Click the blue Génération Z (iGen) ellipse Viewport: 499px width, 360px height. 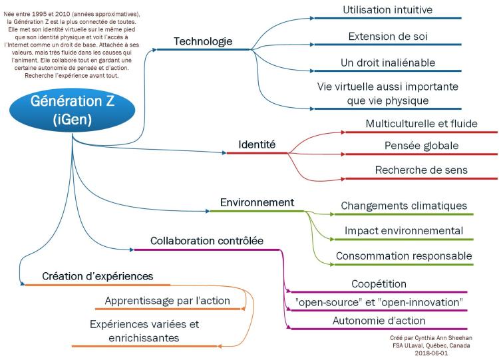click(x=72, y=110)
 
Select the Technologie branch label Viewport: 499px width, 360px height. click(x=203, y=41)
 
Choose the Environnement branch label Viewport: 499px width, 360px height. click(x=257, y=202)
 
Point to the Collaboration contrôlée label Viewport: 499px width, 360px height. click(x=207, y=241)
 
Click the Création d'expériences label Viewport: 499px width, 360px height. click(x=98, y=276)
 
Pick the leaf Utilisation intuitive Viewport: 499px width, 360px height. click(x=387, y=10)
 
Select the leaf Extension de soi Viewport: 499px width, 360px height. click(x=387, y=36)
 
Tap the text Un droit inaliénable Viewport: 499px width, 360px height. click(x=387, y=62)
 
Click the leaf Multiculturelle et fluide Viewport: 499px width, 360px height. click(x=421, y=124)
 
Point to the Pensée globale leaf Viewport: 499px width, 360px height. click(x=421, y=146)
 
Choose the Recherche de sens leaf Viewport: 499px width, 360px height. click(x=421, y=170)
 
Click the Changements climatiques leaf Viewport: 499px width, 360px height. click(x=404, y=206)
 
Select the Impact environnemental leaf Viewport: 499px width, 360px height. click(x=404, y=231)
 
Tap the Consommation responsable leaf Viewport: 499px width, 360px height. click(x=404, y=256)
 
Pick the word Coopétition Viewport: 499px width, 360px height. click(x=379, y=284)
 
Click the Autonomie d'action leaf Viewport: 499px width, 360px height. click(x=379, y=321)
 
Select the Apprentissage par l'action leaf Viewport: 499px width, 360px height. click(x=167, y=301)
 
